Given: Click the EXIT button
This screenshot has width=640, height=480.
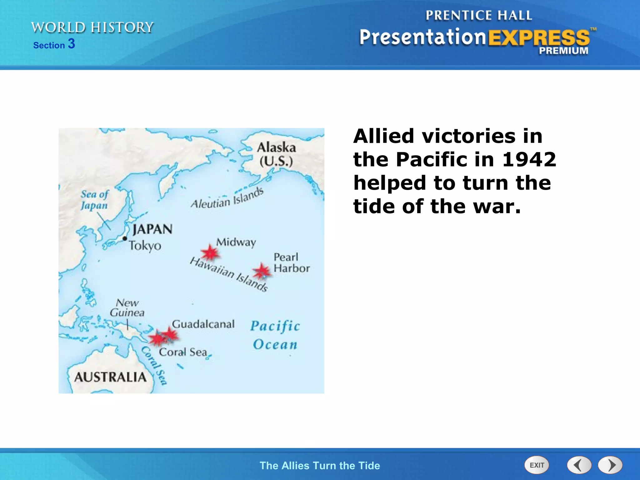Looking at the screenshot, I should point(537,465).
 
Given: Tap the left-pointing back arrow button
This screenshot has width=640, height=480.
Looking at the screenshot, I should point(579,465).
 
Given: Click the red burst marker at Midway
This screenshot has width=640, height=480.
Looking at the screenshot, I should point(210,252).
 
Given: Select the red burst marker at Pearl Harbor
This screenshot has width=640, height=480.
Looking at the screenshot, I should point(261,271).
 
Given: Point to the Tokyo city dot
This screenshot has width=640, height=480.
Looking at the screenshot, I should point(125,238).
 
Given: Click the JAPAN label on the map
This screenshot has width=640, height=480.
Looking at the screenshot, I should point(152,229).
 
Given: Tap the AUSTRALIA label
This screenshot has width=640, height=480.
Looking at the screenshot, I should point(110,377).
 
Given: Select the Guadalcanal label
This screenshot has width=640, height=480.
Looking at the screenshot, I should point(203,324).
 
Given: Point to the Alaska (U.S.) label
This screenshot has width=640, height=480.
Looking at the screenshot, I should point(276,154).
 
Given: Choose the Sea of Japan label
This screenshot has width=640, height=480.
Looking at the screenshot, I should point(94,200).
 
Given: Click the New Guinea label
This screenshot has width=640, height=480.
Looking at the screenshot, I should point(127,308).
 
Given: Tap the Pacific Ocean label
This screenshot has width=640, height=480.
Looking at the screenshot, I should point(275,335).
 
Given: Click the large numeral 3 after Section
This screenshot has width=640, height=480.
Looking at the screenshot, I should point(72,44).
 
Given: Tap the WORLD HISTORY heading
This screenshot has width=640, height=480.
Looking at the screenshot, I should point(92,27).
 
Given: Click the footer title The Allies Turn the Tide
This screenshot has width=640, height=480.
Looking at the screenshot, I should point(320,465).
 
